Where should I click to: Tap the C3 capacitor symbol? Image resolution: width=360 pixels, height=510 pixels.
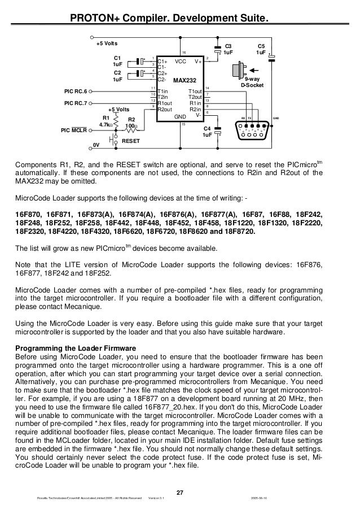(x=217, y=49)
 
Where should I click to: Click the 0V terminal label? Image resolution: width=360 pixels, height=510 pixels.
(x=96, y=145)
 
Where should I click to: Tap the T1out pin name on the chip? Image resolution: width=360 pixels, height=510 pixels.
(x=195, y=91)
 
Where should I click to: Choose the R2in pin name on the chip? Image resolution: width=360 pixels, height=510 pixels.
(x=195, y=110)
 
